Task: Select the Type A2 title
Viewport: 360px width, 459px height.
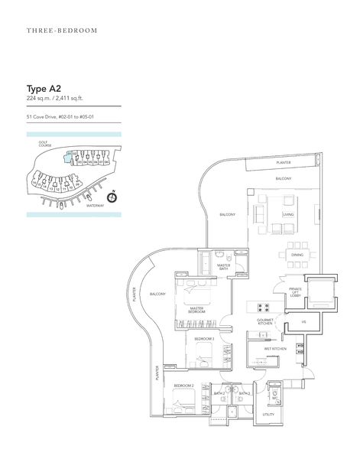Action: click(x=44, y=88)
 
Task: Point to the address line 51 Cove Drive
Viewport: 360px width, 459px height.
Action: click(x=64, y=116)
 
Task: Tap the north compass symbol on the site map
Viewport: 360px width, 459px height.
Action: click(x=112, y=196)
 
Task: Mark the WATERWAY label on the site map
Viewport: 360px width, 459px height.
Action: click(x=95, y=206)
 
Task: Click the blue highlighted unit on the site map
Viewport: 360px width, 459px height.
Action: click(x=69, y=155)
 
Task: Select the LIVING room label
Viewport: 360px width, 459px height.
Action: click(x=287, y=215)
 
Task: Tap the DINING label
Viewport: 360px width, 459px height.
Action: click(x=297, y=255)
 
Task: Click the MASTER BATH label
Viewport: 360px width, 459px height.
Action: click(x=223, y=267)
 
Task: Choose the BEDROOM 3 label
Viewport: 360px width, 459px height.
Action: click(x=203, y=338)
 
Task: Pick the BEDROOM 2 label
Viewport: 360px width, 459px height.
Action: click(x=183, y=386)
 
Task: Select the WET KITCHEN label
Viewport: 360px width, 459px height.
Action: click(x=274, y=349)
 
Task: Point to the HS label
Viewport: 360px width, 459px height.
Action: click(x=303, y=323)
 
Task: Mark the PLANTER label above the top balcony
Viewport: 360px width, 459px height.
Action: click(x=284, y=163)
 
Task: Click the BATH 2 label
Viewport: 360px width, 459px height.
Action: click(x=219, y=393)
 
